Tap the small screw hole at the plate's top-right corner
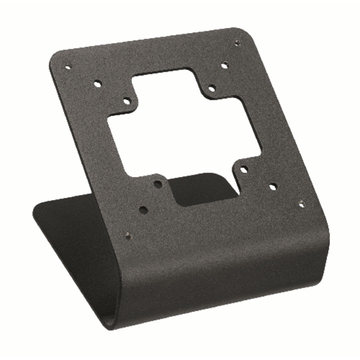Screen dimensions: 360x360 pyautogui.click(x=237, y=43)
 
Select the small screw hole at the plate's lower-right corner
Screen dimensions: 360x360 pyautogui.click(x=301, y=203)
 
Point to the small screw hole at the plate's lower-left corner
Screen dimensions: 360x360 pyautogui.click(x=128, y=235)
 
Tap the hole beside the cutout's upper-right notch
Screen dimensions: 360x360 pyautogui.click(x=212, y=88)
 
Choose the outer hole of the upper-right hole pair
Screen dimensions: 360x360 pyautogui.click(x=224, y=64)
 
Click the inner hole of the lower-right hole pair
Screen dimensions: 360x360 pyautogui.click(x=243, y=170)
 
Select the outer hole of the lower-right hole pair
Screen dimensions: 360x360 pyautogui.click(x=272, y=186)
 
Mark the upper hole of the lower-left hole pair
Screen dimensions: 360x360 pyautogui.click(x=158, y=184)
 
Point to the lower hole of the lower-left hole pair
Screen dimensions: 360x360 pyautogui.click(x=143, y=210)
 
